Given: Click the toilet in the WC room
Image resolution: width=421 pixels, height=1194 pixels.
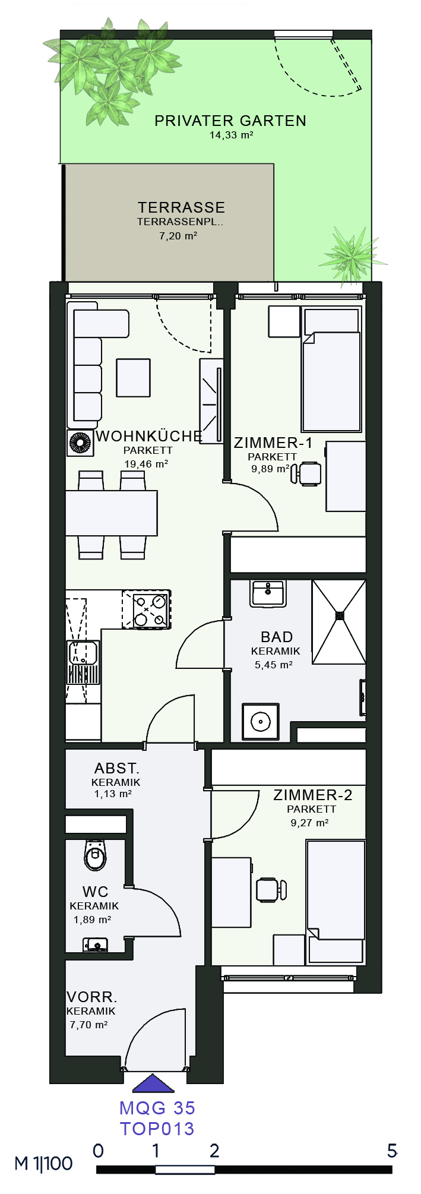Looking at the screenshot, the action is coord(95,855).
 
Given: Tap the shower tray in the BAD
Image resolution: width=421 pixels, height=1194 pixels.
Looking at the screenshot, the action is coord(339,622).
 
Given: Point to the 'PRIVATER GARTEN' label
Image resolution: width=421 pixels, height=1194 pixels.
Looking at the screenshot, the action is coord(230,121).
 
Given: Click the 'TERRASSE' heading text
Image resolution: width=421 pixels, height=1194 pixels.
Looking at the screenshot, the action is coord(182,207).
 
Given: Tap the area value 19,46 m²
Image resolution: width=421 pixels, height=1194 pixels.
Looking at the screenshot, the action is coord(146,464).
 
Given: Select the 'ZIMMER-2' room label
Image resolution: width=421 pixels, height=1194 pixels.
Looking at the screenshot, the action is coord(313,795).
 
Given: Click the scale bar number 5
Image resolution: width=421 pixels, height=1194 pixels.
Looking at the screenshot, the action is coord(392,1151).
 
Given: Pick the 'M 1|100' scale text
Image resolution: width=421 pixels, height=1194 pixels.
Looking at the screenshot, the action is coord(43,1163).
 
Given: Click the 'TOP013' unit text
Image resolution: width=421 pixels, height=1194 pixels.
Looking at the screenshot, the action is coord(157,1129).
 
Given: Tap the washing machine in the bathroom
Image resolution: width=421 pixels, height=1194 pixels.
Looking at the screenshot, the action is coord(261,722).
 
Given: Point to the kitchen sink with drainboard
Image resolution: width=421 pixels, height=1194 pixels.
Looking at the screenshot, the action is coord(83,662).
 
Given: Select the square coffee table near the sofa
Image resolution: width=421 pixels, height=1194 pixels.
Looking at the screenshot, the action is coord(133,378).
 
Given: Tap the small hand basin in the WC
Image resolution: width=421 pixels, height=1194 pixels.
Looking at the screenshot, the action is coord(95,944).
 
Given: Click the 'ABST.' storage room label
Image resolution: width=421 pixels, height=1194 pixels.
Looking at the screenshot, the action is coord(117,768).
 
